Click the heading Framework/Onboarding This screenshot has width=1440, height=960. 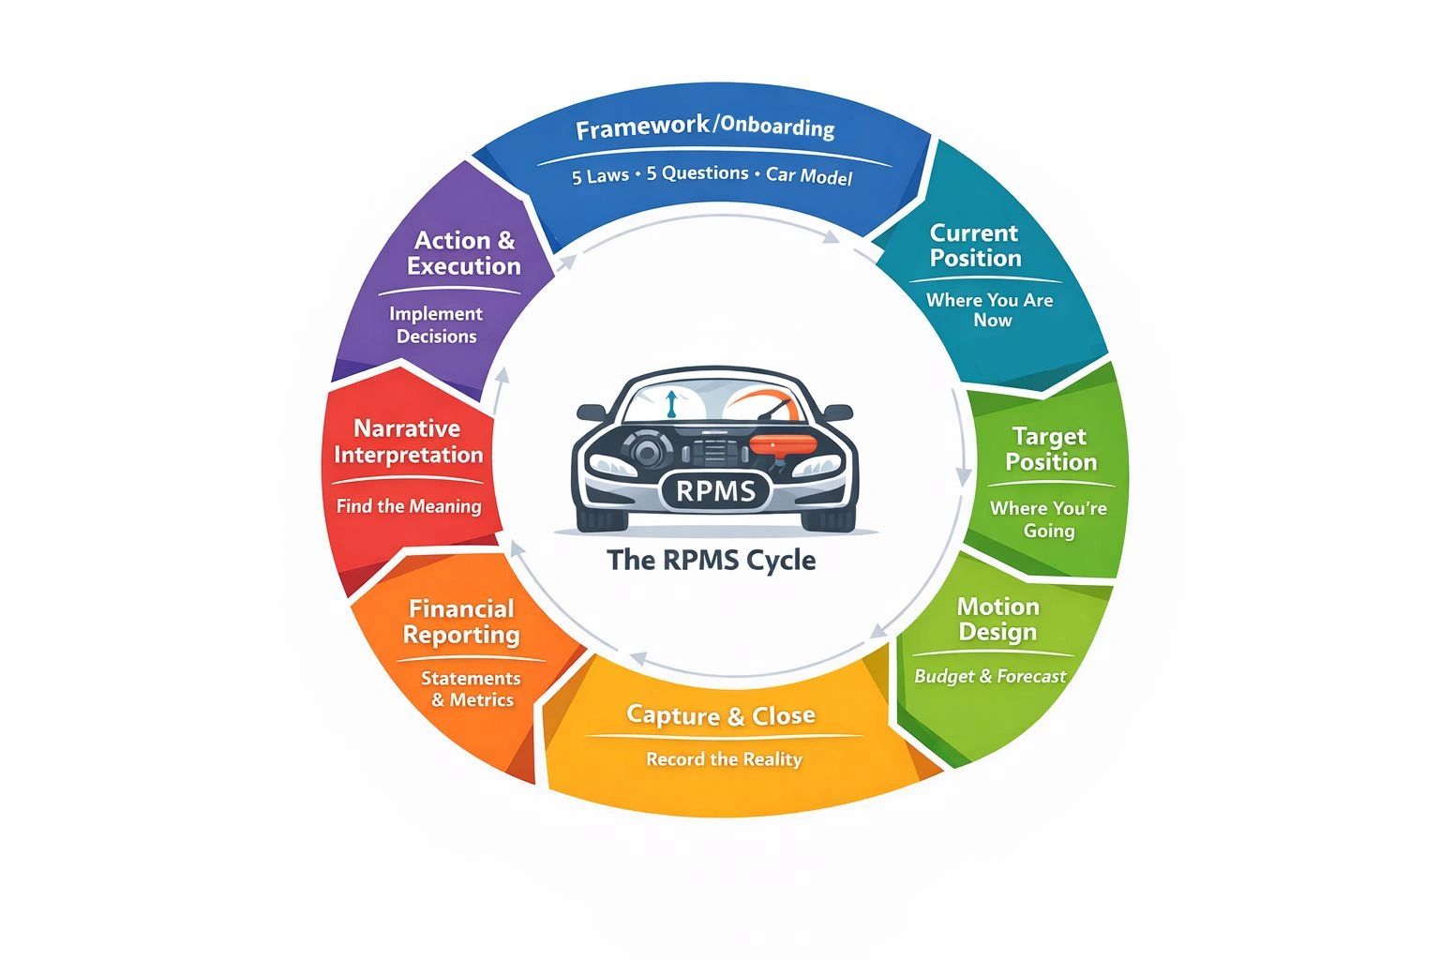(705, 127)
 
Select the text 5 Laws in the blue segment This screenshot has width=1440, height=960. (600, 175)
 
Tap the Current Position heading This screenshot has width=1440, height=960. (975, 246)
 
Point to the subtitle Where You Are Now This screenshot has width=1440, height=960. (990, 310)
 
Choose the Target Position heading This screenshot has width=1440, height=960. (1050, 449)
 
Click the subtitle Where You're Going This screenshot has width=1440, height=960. (1048, 519)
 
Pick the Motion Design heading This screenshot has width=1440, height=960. (997, 619)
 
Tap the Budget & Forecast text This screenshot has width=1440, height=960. (990, 676)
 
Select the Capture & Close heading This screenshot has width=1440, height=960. (720, 715)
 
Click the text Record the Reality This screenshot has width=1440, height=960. (724, 758)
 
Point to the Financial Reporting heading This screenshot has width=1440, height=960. (461, 622)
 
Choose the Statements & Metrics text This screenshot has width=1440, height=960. (472, 689)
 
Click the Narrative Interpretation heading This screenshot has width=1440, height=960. (408, 442)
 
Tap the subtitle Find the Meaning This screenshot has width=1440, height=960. (409, 506)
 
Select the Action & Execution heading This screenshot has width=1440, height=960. (464, 253)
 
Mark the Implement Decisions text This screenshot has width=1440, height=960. (436, 325)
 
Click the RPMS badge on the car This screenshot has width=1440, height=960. (714, 490)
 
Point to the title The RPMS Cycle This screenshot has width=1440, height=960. (712, 561)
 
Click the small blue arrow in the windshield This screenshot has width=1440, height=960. (670, 404)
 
